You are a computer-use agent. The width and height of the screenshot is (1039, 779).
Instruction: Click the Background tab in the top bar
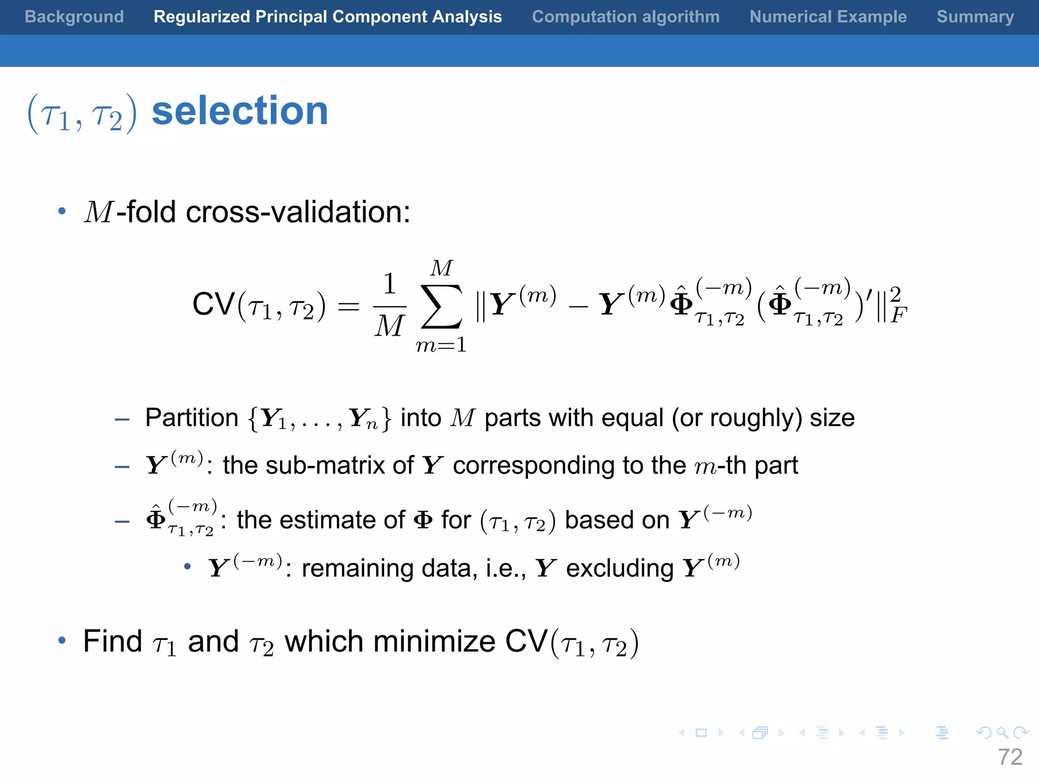(74, 17)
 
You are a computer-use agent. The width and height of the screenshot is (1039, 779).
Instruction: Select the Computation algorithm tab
(626, 17)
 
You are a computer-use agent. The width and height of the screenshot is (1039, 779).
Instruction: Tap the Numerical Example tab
(828, 17)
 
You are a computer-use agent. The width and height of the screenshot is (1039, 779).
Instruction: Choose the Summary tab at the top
(975, 17)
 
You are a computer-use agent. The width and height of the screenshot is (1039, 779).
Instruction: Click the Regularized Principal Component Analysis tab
(328, 17)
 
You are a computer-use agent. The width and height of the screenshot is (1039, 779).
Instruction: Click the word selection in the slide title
(240, 111)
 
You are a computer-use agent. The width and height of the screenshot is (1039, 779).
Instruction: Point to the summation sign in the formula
(441, 306)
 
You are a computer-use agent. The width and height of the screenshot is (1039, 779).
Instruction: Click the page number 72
(1010, 757)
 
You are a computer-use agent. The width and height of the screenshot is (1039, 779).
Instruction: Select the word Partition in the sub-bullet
(192, 418)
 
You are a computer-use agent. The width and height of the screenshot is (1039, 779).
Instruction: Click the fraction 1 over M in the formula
(390, 305)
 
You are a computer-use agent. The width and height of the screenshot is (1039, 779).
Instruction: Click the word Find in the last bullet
(113, 642)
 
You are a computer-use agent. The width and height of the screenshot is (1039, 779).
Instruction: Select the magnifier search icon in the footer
(1002, 733)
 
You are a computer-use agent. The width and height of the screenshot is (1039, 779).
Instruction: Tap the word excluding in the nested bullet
(619, 569)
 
